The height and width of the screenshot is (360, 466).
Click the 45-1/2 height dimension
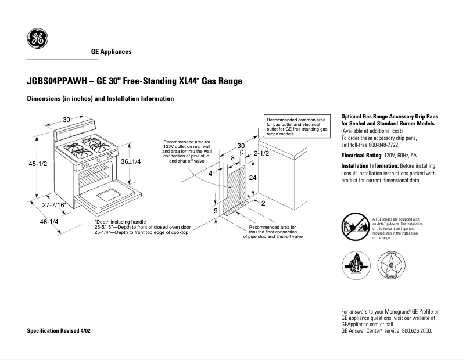(38, 164)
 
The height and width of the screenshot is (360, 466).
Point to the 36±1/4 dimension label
(131, 162)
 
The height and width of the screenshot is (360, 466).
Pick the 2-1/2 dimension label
(261, 153)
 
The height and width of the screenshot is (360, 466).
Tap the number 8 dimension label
(232, 158)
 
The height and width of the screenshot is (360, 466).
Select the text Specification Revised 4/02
(59, 330)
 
